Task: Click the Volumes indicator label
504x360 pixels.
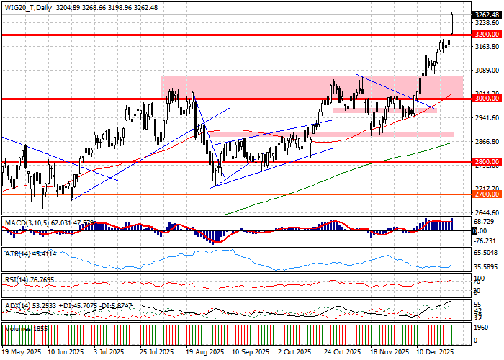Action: tap(19, 328)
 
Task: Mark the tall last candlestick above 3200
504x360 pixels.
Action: tap(451, 23)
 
